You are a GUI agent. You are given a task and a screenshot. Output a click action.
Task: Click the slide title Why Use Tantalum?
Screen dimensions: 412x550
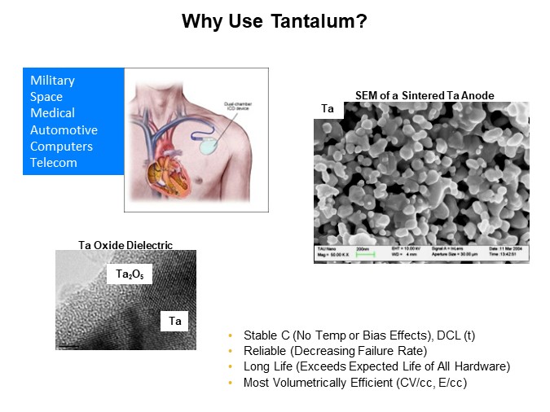tap(274, 20)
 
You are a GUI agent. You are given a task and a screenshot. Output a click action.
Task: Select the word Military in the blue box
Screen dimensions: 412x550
tap(52, 81)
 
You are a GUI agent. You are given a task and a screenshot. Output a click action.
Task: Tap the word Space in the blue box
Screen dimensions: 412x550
tap(46, 97)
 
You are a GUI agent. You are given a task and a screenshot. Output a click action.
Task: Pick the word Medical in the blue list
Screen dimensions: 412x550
tap(52, 113)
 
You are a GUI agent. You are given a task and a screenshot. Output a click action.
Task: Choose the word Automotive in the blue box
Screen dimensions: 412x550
tap(64, 129)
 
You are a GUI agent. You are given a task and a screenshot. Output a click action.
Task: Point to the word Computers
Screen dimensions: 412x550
tap(61, 147)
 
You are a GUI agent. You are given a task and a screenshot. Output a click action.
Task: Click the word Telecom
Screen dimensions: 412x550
tap(54, 163)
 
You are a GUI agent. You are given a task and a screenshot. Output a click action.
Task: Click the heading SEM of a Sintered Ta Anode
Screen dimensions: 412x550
tap(424, 95)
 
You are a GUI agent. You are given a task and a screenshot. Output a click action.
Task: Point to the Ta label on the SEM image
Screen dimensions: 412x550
tap(328, 108)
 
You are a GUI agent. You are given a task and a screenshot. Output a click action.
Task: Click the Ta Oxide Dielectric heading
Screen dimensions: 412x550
tap(125, 244)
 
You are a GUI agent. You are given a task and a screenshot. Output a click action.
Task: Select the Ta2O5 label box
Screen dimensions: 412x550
tap(129, 275)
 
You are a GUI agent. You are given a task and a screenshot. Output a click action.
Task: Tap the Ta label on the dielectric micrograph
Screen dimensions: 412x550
tap(174, 322)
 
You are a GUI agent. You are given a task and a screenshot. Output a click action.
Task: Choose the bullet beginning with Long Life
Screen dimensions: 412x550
tap(376, 366)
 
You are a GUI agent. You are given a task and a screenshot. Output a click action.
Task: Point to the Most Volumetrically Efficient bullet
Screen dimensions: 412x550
tap(355, 382)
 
